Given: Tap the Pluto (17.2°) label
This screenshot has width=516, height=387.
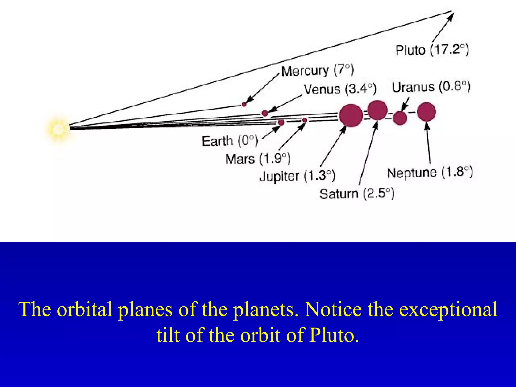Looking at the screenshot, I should [432, 50].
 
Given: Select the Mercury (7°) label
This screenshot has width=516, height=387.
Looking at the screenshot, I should [317, 71].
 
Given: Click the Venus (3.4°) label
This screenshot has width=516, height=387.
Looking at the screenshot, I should [340, 89].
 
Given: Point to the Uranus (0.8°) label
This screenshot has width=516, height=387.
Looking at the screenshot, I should [431, 87].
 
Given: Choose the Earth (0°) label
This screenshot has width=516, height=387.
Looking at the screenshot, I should [230, 141].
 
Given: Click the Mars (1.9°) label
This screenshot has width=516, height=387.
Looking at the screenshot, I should [258, 159].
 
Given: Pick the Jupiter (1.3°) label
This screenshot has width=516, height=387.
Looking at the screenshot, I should [297, 176].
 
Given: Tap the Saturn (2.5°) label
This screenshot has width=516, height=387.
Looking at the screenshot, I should [357, 194].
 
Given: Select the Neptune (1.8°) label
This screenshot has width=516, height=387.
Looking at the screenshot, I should [430, 173].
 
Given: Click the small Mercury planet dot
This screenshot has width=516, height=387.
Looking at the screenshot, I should [244, 104].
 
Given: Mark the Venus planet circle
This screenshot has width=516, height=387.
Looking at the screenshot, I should [265, 113].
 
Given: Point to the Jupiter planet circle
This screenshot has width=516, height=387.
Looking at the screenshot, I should [351, 115].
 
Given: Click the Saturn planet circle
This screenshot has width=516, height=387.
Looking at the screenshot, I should [377, 110].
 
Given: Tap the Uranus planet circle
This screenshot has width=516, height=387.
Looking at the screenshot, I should [400, 118].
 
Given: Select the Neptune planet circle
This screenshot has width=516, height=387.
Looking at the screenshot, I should [426, 112].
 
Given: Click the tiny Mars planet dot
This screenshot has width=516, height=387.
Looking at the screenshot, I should [305, 120].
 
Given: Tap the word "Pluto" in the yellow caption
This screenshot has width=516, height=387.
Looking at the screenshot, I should [334, 335].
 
